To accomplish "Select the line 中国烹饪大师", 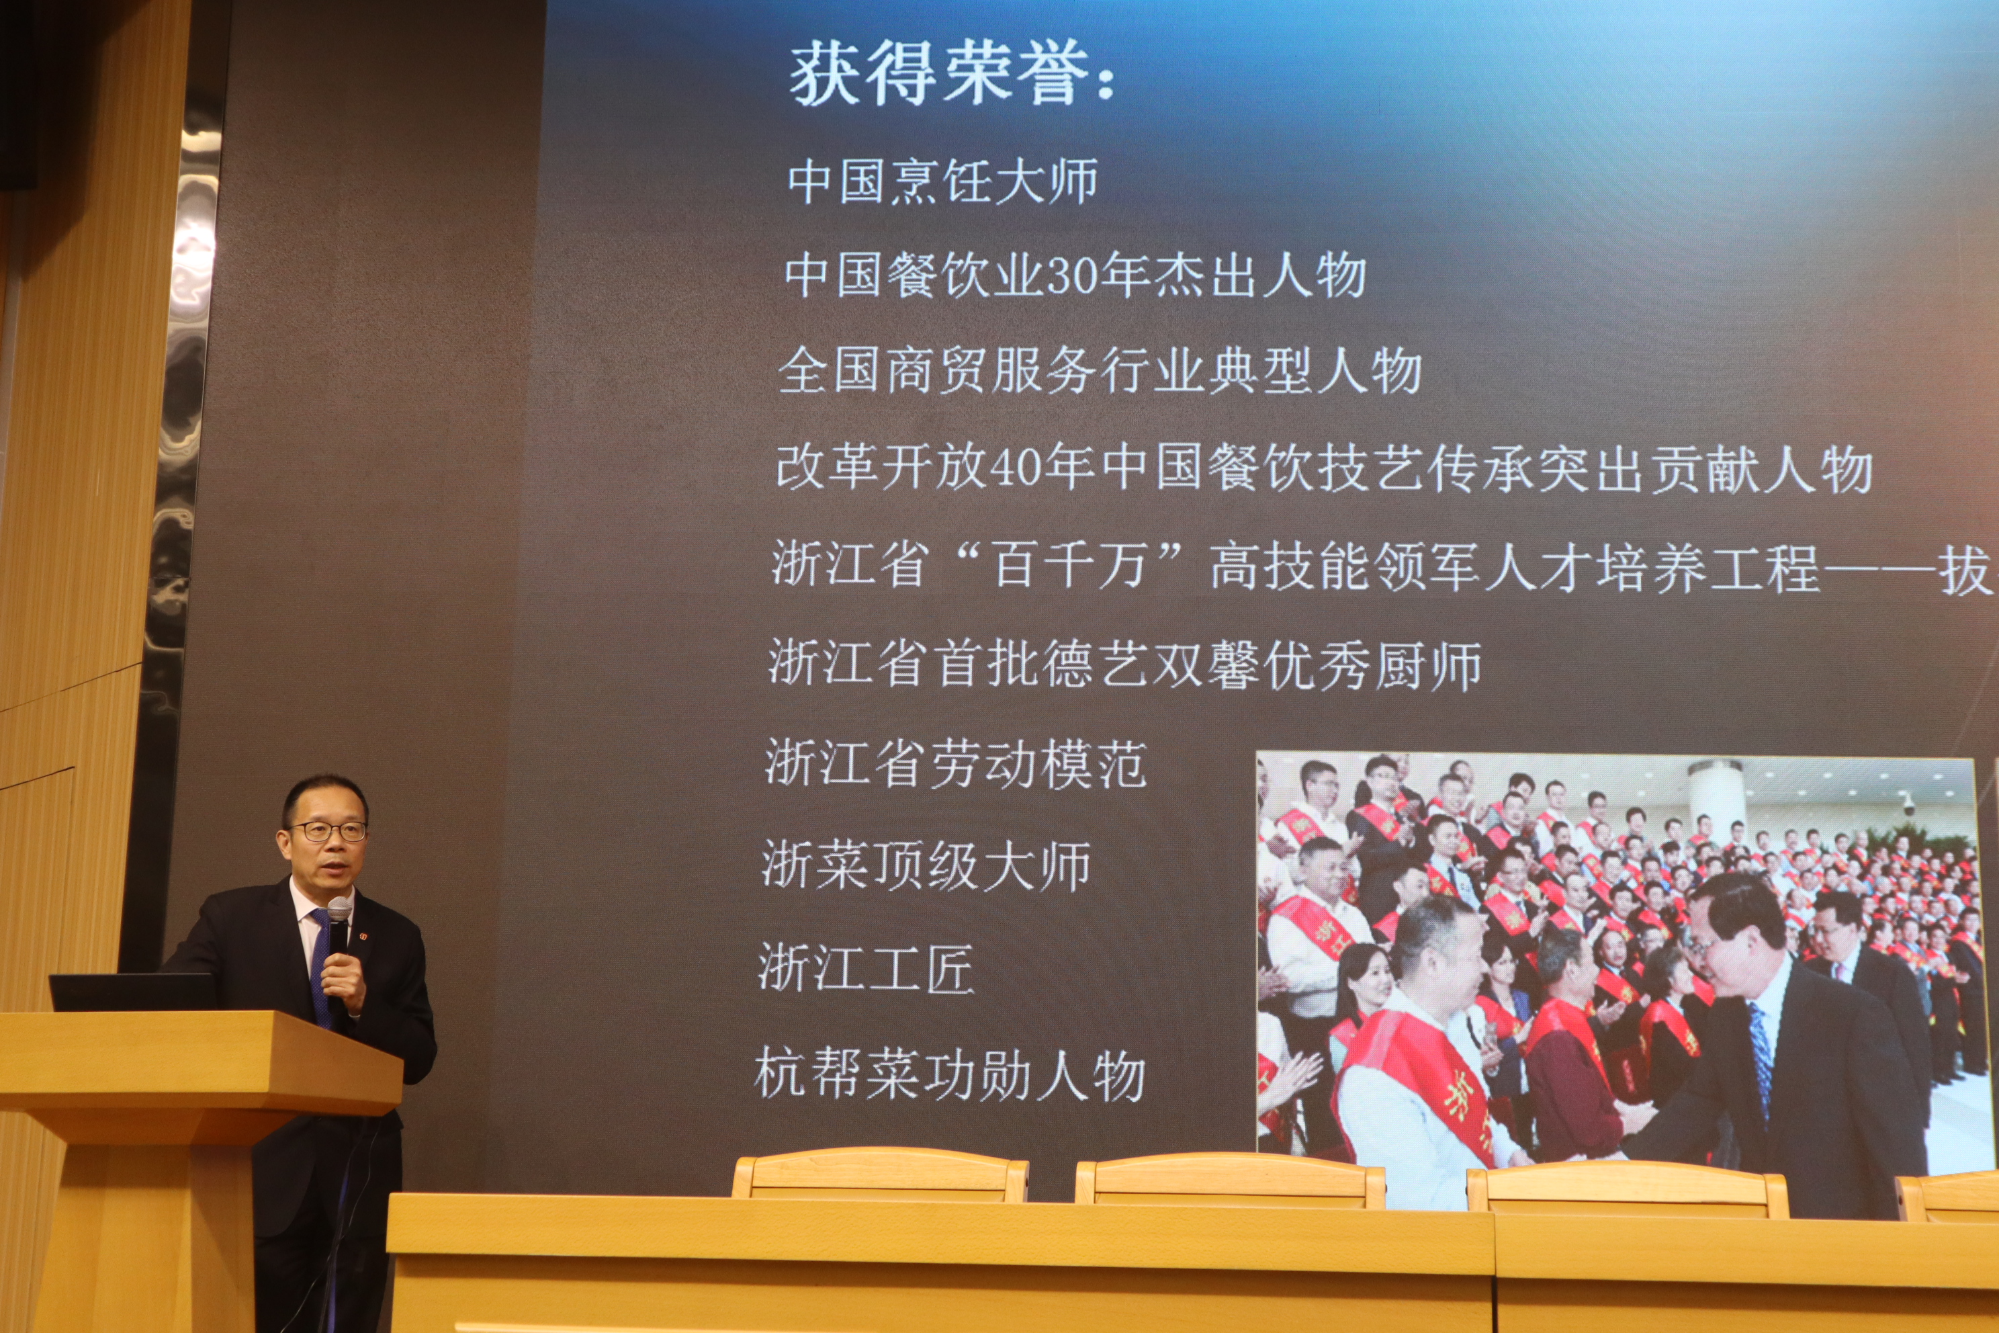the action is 942,181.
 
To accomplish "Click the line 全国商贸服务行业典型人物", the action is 1100,371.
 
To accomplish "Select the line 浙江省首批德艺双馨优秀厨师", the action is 1125,664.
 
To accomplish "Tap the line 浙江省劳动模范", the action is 955,763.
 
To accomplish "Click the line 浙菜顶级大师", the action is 926,865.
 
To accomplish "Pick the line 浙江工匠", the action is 866,968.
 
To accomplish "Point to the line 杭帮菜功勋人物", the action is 949,1074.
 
